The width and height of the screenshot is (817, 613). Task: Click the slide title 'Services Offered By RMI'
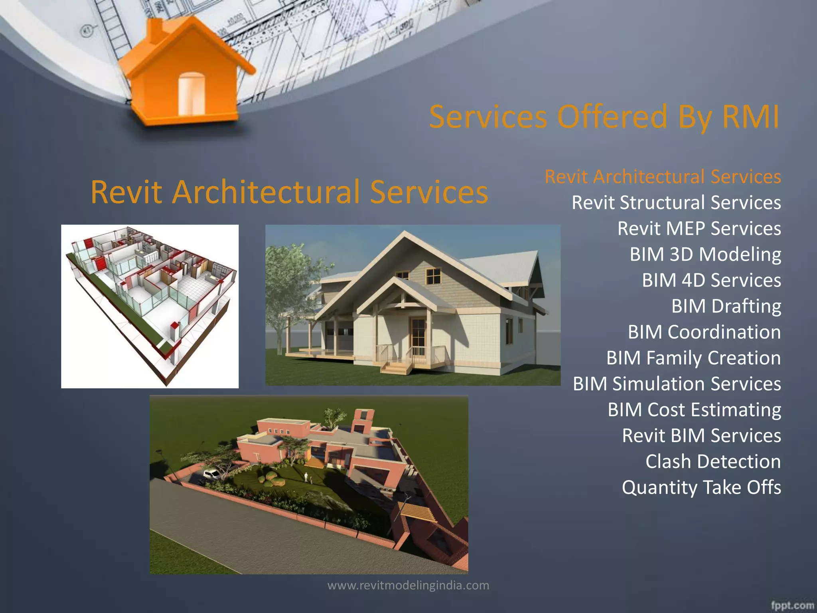(x=604, y=117)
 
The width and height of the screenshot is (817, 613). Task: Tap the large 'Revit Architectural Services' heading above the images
(x=289, y=192)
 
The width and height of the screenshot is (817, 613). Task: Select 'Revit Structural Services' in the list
(x=676, y=202)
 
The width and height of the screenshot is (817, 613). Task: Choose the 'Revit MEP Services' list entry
(x=699, y=228)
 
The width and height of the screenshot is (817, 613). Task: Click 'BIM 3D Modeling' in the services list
(x=705, y=254)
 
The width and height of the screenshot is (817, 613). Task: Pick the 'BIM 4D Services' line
(x=711, y=280)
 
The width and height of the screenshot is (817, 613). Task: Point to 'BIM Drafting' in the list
(x=726, y=306)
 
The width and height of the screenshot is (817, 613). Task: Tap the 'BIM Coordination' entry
(x=704, y=332)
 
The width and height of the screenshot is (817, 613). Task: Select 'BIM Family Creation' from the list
(x=693, y=358)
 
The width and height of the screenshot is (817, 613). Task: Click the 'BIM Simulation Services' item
(x=677, y=384)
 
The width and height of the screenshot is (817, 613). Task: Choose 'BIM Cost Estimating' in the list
(x=694, y=410)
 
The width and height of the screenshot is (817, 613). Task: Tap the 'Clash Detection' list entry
(x=713, y=462)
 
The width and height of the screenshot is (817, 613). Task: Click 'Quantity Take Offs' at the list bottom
(x=701, y=487)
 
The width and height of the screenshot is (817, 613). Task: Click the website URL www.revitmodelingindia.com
(x=408, y=585)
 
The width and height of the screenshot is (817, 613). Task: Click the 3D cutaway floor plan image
(x=150, y=306)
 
